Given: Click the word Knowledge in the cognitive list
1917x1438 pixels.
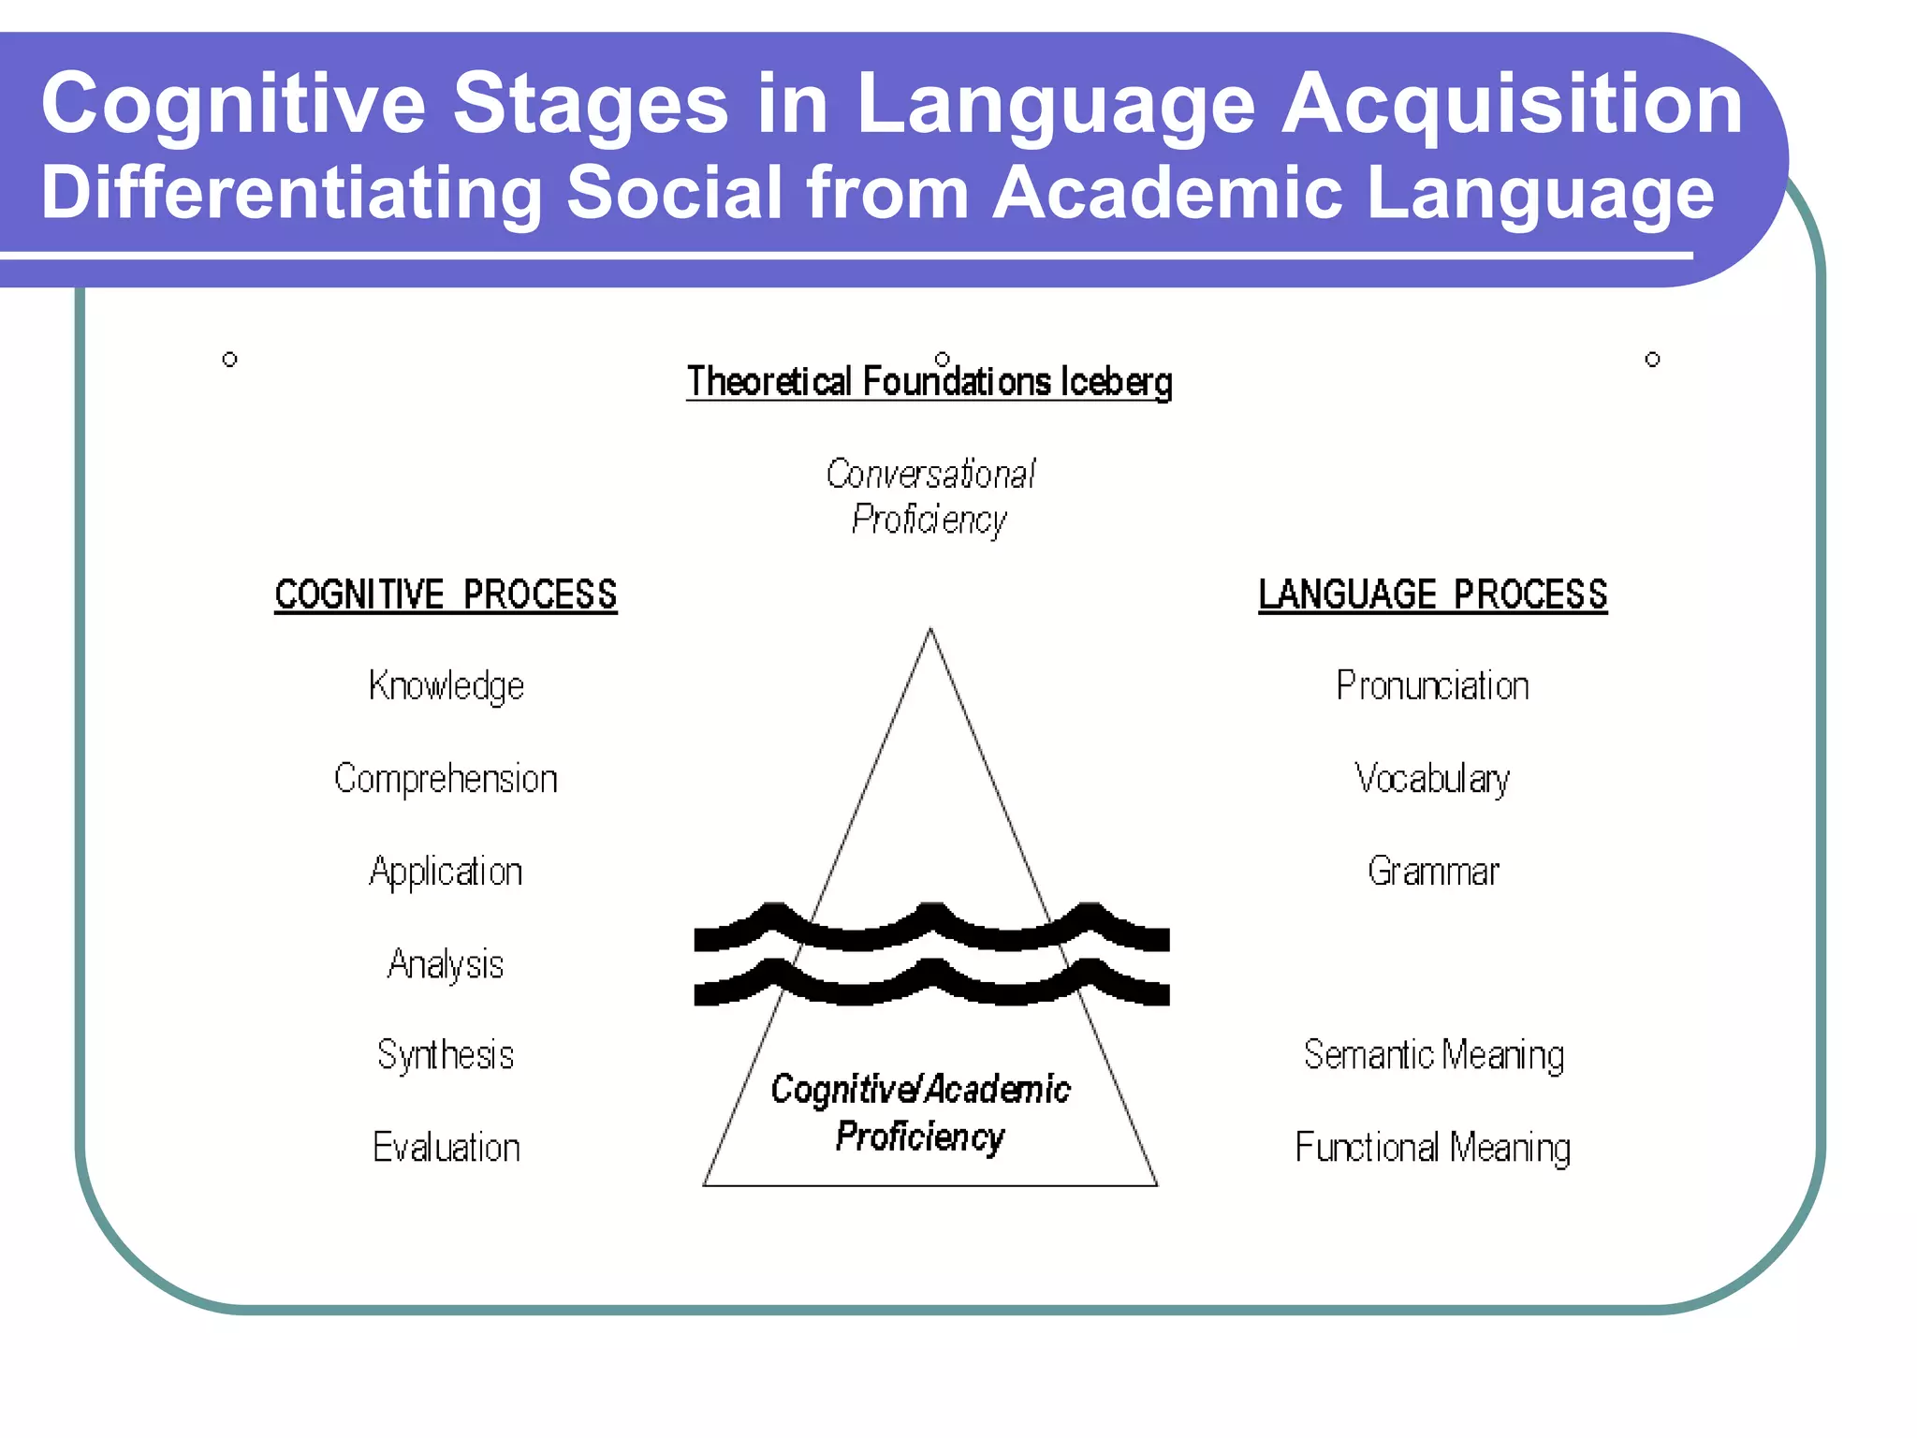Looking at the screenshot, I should point(446,686).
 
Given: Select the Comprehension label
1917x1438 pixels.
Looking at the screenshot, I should point(446,779).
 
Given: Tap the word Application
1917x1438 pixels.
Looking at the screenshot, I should point(446,872).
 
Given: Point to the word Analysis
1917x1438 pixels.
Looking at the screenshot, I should point(446,964).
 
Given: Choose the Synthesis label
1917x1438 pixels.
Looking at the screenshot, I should point(446,1055).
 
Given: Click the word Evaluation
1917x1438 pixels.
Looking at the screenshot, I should point(446,1148).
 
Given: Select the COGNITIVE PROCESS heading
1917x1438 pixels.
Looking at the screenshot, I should point(446,595).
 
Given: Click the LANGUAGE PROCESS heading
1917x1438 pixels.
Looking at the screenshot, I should point(1432,595).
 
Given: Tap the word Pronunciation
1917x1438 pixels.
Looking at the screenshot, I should point(1432,686).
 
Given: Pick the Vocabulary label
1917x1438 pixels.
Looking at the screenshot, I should point(1432,779).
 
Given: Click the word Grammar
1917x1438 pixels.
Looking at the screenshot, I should point(1432,872).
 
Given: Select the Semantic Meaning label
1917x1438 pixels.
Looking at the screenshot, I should point(1432,1055).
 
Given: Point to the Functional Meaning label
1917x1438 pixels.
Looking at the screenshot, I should point(1432,1148).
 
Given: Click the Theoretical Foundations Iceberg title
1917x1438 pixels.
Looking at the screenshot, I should point(929,382).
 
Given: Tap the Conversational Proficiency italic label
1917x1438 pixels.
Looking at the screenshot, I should point(929,497).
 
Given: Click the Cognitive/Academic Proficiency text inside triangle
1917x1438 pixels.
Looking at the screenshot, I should point(920,1113).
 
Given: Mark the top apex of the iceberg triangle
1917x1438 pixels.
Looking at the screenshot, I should point(929,630).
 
